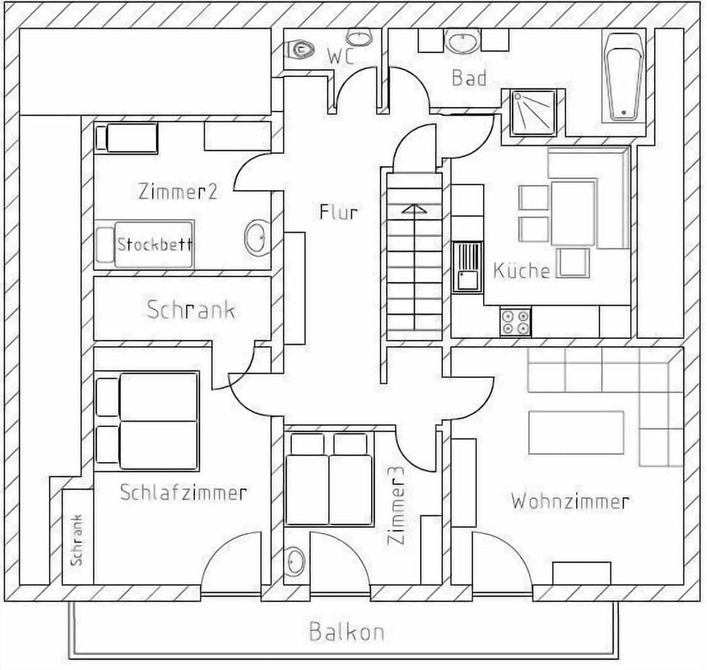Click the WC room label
(341, 55)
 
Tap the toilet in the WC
(300, 49)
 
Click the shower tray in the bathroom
(533, 113)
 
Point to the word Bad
(469, 77)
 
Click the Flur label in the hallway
(339, 212)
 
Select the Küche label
(521, 270)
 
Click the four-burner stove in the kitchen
(516, 321)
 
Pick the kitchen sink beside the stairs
(467, 268)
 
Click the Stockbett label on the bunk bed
(155, 243)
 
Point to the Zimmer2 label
(177, 192)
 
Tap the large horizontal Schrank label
(191, 310)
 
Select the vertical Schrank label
(77, 540)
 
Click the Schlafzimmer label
(183, 492)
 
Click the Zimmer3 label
(396, 511)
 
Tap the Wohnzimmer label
(570, 502)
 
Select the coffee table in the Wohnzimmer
(576, 433)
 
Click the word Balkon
(346, 632)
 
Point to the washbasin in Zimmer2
(256, 237)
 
